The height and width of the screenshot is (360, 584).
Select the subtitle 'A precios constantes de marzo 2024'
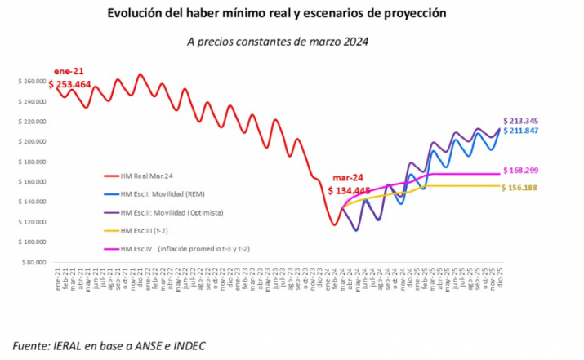pos(278,41)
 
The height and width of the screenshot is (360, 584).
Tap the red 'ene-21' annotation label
pos(69,71)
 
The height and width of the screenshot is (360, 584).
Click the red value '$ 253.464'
pos(73,83)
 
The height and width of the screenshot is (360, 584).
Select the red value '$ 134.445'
pos(352,191)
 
